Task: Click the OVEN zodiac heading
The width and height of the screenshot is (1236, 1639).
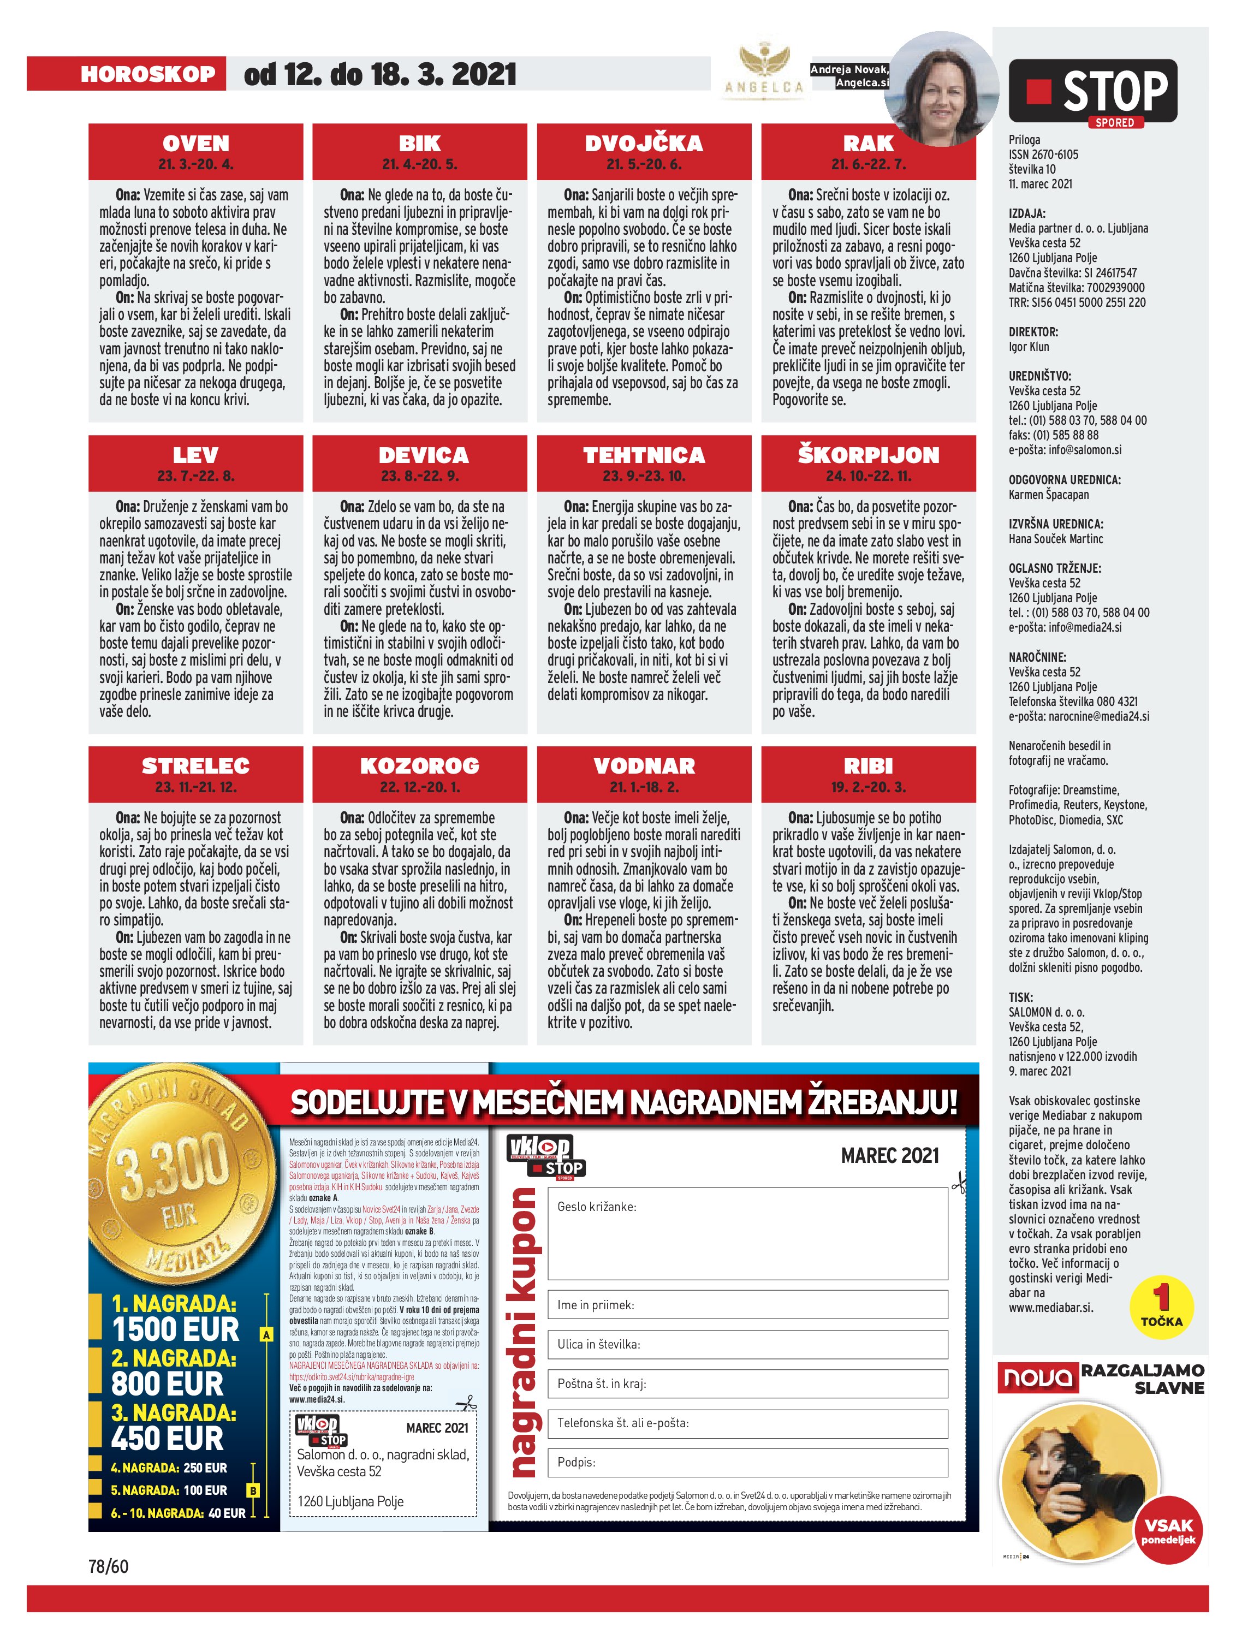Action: tap(195, 143)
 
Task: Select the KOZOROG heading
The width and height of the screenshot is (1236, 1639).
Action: tap(419, 765)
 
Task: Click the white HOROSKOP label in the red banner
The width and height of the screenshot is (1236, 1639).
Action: tap(148, 74)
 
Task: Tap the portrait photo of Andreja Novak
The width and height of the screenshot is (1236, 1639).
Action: tap(941, 89)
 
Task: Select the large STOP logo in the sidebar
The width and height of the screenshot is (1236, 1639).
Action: tap(1092, 92)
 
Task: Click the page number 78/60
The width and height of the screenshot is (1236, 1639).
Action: tap(108, 1566)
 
